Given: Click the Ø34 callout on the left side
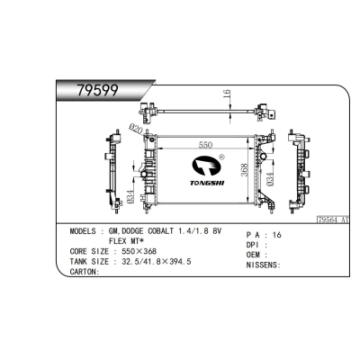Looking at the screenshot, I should pyautogui.click(x=133, y=195).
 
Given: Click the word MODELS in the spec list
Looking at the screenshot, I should pyautogui.click(x=86, y=231).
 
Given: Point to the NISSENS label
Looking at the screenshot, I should pyautogui.click(x=263, y=265).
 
